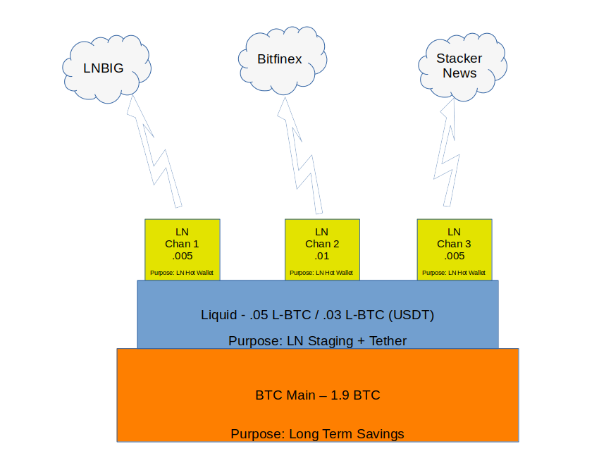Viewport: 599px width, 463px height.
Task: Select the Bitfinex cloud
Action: point(279,60)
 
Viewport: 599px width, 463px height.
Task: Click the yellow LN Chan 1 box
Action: point(183,249)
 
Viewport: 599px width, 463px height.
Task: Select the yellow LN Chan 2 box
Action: point(322,249)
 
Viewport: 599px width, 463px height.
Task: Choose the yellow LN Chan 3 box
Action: point(455,249)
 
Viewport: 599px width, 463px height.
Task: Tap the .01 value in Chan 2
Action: point(322,256)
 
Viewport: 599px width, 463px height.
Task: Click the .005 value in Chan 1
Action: point(183,256)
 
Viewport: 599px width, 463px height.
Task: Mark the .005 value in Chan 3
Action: point(455,256)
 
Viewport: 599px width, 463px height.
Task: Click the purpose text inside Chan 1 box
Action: point(183,273)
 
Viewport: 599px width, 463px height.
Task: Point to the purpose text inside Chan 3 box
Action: point(455,273)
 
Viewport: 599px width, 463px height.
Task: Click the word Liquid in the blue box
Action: point(219,315)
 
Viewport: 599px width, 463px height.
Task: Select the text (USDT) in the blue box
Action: point(414,315)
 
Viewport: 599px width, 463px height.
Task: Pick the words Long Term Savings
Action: point(346,434)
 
